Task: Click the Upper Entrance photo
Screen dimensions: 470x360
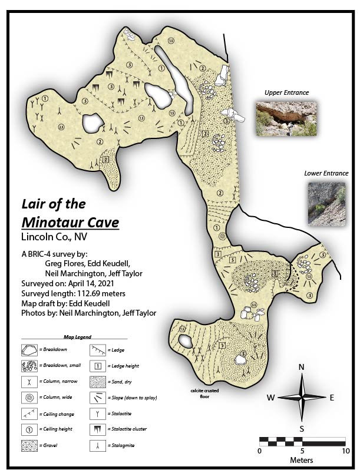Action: pos(286,118)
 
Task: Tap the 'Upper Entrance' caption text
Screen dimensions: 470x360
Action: pos(286,92)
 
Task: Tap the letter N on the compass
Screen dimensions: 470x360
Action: pos(302,368)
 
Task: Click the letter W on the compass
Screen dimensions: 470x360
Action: pos(270,398)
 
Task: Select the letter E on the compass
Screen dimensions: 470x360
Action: pos(332,398)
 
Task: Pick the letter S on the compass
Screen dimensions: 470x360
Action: pos(302,428)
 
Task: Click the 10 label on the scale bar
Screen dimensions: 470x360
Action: pos(345,451)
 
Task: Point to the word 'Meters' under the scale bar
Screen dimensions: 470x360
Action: pos(301,460)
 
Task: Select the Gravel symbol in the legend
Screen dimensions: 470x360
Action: pos(29,443)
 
